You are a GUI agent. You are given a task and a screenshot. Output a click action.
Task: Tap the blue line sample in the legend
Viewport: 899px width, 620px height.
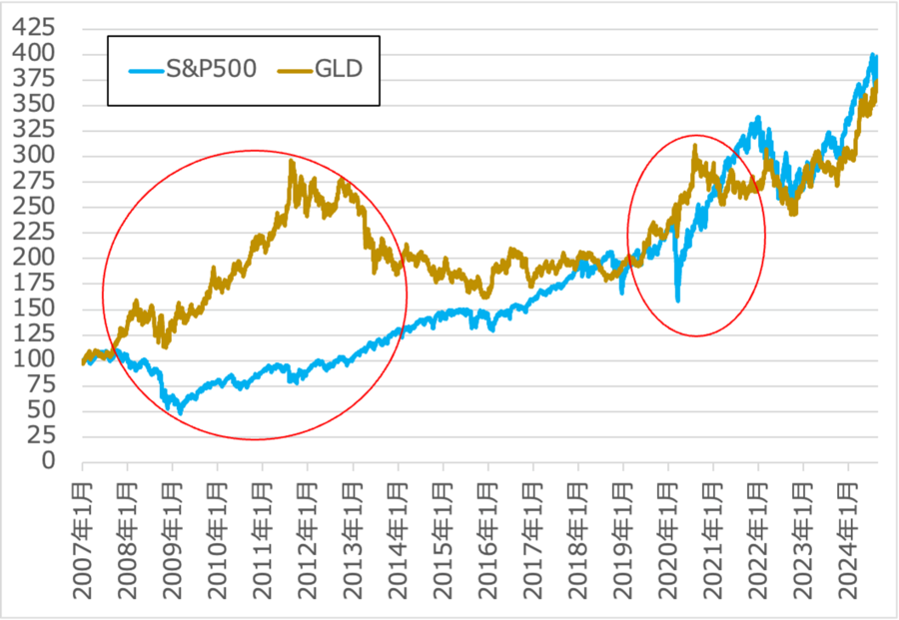click(x=151, y=70)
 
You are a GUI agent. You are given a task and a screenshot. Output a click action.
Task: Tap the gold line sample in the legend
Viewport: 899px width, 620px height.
click(x=285, y=70)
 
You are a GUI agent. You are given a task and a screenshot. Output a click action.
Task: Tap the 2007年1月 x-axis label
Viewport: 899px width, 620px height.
click(x=83, y=538)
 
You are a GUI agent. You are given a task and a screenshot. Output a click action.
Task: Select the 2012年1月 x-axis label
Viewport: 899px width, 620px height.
click(x=309, y=538)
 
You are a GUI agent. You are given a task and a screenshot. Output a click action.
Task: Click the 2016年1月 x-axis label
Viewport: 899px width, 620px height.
click(x=488, y=538)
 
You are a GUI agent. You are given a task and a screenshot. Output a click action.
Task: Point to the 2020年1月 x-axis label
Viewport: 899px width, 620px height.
click(x=668, y=538)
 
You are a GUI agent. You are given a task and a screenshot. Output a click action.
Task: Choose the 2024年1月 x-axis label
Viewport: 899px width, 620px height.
click(x=848, y=538)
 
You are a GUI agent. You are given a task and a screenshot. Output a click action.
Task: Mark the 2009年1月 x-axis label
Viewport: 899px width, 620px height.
click(x=174, y=538)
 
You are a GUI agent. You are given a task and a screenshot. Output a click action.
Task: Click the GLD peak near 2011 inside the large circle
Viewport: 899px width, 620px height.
click(x=292, y=161)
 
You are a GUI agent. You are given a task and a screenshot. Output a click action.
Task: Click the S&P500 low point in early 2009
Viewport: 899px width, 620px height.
click(x=181, y=410)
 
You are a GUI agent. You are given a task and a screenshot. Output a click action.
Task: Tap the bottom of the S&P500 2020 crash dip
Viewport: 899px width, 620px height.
click(x=678, y=300)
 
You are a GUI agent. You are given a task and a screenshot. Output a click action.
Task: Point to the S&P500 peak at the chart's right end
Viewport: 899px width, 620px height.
click(x=874, y=55)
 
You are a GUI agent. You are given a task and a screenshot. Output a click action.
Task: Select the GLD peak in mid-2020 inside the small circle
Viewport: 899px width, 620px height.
click(x=694, y=146)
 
